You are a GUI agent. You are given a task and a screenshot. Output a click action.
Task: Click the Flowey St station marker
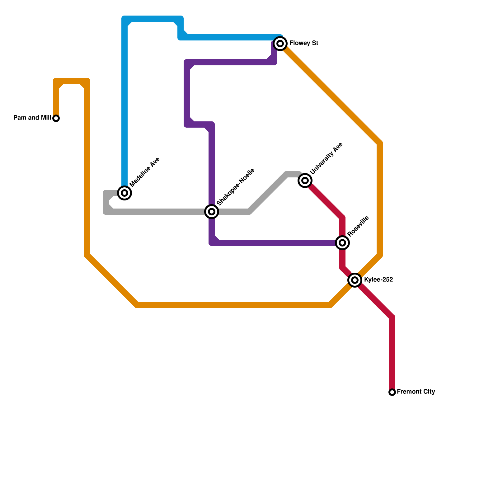(280, 44)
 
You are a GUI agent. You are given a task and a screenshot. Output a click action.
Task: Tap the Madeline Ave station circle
(125, 193)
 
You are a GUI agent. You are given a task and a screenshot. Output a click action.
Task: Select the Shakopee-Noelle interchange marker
(212, 212)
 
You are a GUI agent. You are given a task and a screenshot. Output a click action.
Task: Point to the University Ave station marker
(305, 181)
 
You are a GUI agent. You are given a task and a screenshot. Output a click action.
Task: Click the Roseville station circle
(342, 243)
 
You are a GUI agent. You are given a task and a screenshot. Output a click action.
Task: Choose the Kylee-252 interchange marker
(355, 280)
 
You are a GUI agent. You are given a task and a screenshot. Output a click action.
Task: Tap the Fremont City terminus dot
(392, 392)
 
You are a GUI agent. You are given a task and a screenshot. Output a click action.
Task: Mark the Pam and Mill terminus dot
(56, 118)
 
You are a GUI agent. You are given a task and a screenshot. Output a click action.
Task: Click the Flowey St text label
(303, 43)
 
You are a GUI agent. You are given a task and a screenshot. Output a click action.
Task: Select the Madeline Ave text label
(144, 172)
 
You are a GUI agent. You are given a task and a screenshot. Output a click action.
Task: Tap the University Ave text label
(326, 158)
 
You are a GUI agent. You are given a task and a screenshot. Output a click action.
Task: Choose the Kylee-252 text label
(378, 280)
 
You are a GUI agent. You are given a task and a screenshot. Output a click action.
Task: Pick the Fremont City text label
(416, 392)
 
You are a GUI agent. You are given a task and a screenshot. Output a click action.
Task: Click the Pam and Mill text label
(32, 118)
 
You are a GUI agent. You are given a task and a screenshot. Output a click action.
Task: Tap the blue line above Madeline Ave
(125, 109)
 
